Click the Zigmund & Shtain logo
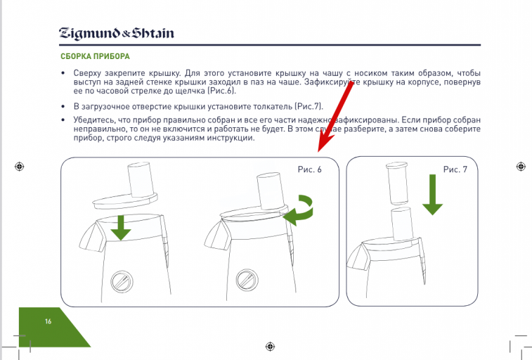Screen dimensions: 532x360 [x=117, y=33]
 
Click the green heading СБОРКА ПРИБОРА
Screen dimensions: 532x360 [x=95, y=56]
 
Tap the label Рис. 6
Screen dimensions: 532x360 [x=309, y=169]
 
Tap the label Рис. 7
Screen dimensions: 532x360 [x=455, y=169]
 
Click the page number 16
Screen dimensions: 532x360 [x=48, y=321]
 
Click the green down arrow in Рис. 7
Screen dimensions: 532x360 [x=432, y=195]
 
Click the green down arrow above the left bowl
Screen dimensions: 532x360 [x=121, y=228]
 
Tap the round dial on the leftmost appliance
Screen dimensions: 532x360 [x=122, y=281]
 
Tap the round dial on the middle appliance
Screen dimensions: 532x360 [x=247, y=280]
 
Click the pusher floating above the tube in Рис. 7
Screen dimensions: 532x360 [x=397, y=184]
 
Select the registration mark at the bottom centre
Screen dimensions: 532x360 [x=270, y=347]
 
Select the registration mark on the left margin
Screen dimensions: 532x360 [x=20, y=167]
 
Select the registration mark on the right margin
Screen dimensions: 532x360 [x=521, y=167]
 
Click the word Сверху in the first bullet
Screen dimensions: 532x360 [x=88, y=73]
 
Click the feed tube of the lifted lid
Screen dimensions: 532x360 [x=141, y=180]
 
